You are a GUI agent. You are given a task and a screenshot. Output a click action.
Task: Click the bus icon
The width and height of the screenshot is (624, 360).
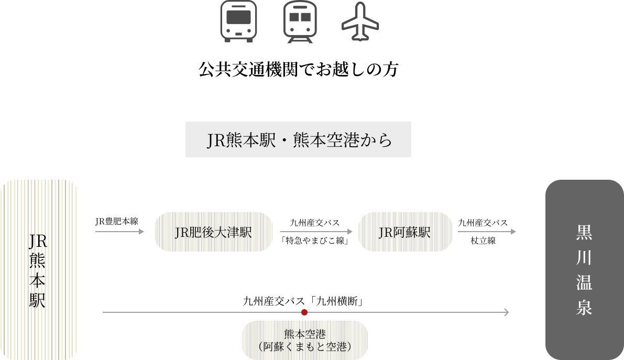click(238, 21)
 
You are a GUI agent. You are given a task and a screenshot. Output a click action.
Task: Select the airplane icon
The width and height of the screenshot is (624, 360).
click(360, 22)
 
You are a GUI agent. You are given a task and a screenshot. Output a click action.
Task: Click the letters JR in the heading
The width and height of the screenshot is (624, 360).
click(215, 140)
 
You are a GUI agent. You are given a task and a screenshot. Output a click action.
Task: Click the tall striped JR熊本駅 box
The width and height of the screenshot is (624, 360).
click(40, 269)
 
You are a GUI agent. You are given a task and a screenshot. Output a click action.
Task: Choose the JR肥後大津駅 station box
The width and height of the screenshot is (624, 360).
click(213, 232)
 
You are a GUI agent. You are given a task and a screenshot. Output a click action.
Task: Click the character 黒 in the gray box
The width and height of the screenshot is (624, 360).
click(584, 233)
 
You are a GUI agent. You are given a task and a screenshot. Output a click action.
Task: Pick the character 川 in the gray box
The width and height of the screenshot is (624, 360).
click(584, 258)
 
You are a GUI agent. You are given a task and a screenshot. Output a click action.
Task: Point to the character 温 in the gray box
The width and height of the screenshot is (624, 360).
click(584, 283)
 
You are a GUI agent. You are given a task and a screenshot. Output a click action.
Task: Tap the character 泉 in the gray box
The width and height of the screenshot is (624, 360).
click(584, 308)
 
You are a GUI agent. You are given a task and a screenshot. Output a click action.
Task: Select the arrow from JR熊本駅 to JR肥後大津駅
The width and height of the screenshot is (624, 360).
click(119, 231)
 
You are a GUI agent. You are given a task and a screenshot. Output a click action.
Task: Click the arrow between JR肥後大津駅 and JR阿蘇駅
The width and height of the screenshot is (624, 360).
click(316, 231)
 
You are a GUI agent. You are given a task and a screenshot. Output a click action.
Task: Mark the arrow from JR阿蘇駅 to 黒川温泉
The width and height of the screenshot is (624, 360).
click(487, 231)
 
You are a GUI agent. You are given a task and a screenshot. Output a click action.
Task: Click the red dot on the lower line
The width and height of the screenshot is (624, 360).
click(304, 312)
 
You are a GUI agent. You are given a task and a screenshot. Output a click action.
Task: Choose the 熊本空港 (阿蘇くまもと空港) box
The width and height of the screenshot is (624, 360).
click(304, 340)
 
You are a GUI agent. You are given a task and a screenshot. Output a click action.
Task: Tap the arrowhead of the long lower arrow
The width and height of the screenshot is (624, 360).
click(506, 312)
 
